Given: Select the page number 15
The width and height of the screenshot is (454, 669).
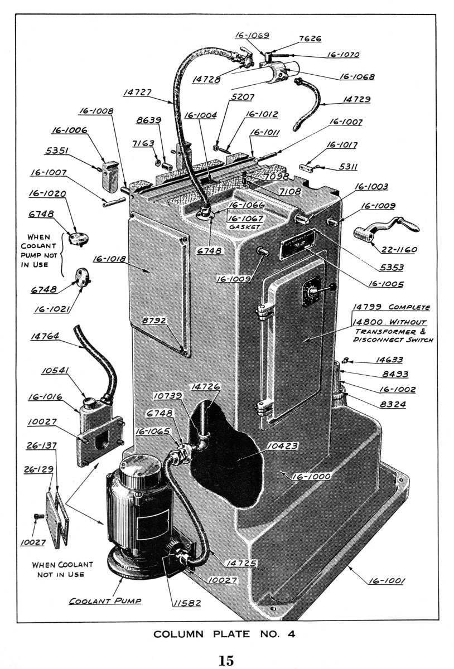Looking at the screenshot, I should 226,661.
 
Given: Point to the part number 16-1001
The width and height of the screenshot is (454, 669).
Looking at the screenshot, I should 387,582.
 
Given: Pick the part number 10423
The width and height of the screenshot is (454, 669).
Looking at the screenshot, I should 282,445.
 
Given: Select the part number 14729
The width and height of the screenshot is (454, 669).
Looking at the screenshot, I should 356,99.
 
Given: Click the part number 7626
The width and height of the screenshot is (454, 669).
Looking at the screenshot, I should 310,39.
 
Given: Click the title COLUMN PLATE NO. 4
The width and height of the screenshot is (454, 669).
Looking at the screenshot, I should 224,634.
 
